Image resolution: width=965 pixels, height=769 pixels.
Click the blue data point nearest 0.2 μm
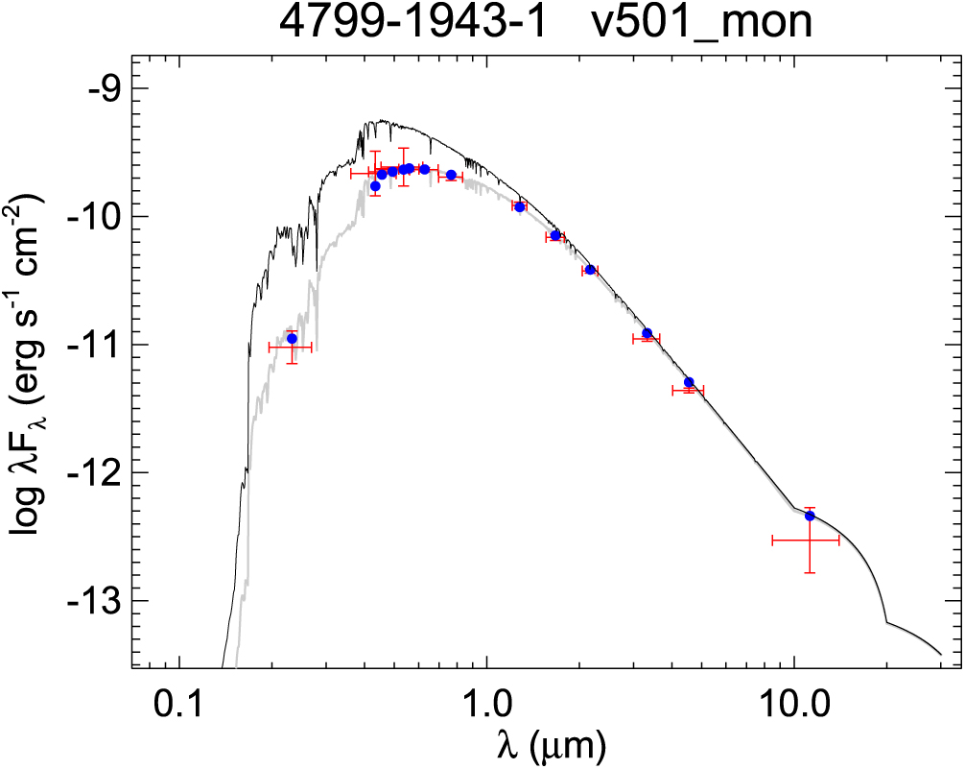pyautogui.click(x=292, y=338)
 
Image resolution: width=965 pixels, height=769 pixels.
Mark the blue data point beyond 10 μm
pyautogui.click(x=810, y=516)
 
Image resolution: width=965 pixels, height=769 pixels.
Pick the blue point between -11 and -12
pyautogui.click(x=689, y=382)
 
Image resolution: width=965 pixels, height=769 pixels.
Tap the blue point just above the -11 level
pyautogui.click(x=647, y=333)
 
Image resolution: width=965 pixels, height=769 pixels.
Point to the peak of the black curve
pyautogui.click(x=381, y=121)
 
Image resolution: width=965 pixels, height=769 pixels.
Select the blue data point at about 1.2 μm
pyautogui.click(x=520, y=206)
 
